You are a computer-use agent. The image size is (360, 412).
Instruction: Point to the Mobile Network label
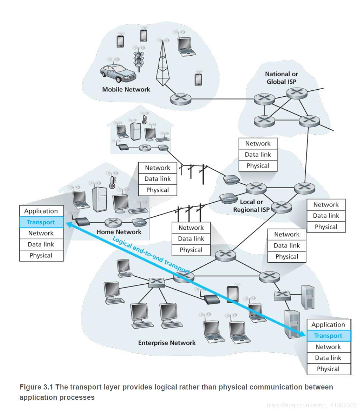click(126, 89)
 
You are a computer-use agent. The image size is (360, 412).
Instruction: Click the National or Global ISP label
click(281, 78)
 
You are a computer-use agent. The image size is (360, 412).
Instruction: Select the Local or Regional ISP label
click(251, 206)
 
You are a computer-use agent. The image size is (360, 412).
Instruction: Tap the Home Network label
click(119, 232)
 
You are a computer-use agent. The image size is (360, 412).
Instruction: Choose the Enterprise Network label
click(167, 343)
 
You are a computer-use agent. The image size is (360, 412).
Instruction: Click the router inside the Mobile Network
click(181, 98)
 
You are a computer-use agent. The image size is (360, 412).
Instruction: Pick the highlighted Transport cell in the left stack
click(41, 222)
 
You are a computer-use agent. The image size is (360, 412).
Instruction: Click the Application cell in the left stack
click(41, 211)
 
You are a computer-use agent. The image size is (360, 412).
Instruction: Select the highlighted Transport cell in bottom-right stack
click(328, 336)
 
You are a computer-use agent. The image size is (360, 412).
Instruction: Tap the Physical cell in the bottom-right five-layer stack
click(328, 369)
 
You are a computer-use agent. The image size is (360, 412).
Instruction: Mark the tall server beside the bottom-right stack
click(291, 324)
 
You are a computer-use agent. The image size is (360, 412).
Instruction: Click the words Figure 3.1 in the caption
click(36, 387)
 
